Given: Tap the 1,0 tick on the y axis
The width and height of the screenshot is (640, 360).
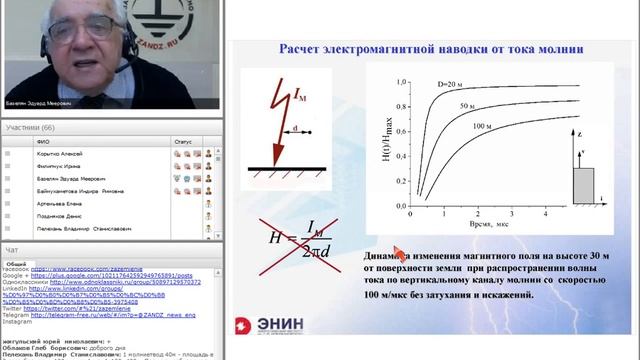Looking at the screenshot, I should point(403,86).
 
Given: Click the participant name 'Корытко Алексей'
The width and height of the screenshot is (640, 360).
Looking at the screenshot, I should point(77,155).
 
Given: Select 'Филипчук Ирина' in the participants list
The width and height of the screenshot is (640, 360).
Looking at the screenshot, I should point(75,166).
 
